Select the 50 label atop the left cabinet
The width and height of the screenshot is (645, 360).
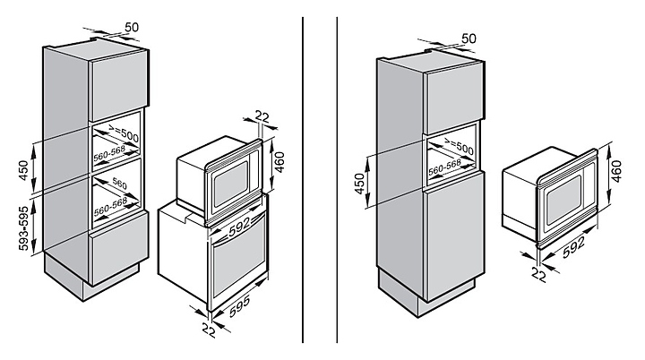click(132, 28)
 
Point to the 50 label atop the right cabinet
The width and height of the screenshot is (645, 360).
click(468, 39)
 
